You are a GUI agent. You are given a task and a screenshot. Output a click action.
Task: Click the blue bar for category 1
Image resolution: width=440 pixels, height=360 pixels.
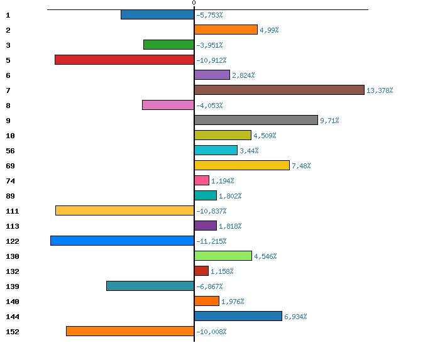(x=157, y=14)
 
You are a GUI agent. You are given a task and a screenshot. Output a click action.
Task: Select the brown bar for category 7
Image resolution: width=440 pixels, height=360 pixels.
(x=279, y=90)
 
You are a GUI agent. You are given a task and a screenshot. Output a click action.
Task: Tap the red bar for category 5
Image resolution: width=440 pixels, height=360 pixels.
(x=124, y=60)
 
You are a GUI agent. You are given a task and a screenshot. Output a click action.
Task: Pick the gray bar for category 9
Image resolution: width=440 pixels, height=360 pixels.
(x=256, y=120)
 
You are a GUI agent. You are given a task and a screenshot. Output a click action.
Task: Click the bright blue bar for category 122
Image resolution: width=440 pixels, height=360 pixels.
(x=122, y=241)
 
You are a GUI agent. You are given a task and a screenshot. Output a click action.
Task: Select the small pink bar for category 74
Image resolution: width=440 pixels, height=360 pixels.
(x=202, y=180)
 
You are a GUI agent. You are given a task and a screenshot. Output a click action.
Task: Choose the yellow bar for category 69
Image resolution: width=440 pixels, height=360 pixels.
(x=242, y=165)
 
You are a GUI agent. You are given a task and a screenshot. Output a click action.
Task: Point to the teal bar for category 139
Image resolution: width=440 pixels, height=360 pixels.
(x=150, y=286)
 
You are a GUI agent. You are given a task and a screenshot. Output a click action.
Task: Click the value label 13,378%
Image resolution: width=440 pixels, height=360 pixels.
(x=380, y=90)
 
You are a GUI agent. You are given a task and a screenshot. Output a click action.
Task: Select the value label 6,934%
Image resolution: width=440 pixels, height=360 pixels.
(x=295, y=317)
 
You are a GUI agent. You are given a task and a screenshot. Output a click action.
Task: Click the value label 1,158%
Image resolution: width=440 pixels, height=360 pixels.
(x=222, y=271)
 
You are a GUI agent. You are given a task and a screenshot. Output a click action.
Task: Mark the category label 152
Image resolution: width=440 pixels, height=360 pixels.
(x=13, y=332)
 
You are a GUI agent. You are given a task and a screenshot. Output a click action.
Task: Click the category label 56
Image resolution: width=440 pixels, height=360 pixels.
(x=10, y=151)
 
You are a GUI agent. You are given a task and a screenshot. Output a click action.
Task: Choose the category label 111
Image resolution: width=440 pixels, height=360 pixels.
(x=13, y=211)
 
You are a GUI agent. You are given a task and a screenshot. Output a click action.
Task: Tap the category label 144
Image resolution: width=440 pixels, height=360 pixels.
(x=13, y=317)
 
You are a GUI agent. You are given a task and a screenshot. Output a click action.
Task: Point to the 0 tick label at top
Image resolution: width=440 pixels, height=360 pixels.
(x=194, y=3)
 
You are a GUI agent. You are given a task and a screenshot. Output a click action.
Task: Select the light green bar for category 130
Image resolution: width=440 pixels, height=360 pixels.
(x=223, y=256)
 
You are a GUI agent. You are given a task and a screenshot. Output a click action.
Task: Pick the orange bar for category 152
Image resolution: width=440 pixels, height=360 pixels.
(x=130, y=331)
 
